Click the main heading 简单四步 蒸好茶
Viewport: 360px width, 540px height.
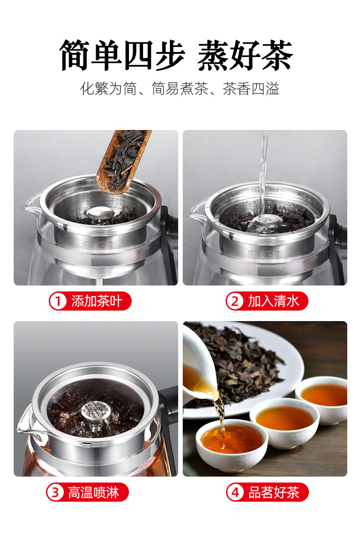176,55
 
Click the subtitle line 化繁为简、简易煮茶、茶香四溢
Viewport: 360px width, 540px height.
179,88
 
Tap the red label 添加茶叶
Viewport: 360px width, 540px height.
90,301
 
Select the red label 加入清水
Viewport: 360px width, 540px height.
267,301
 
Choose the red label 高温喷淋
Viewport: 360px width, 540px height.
87,492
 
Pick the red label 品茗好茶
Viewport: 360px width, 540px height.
267,492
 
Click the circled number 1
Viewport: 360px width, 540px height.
58,301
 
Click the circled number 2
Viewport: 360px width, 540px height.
235,301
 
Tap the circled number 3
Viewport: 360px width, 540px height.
56,493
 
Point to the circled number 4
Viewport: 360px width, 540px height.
235,493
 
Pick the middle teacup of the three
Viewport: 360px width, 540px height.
284,422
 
